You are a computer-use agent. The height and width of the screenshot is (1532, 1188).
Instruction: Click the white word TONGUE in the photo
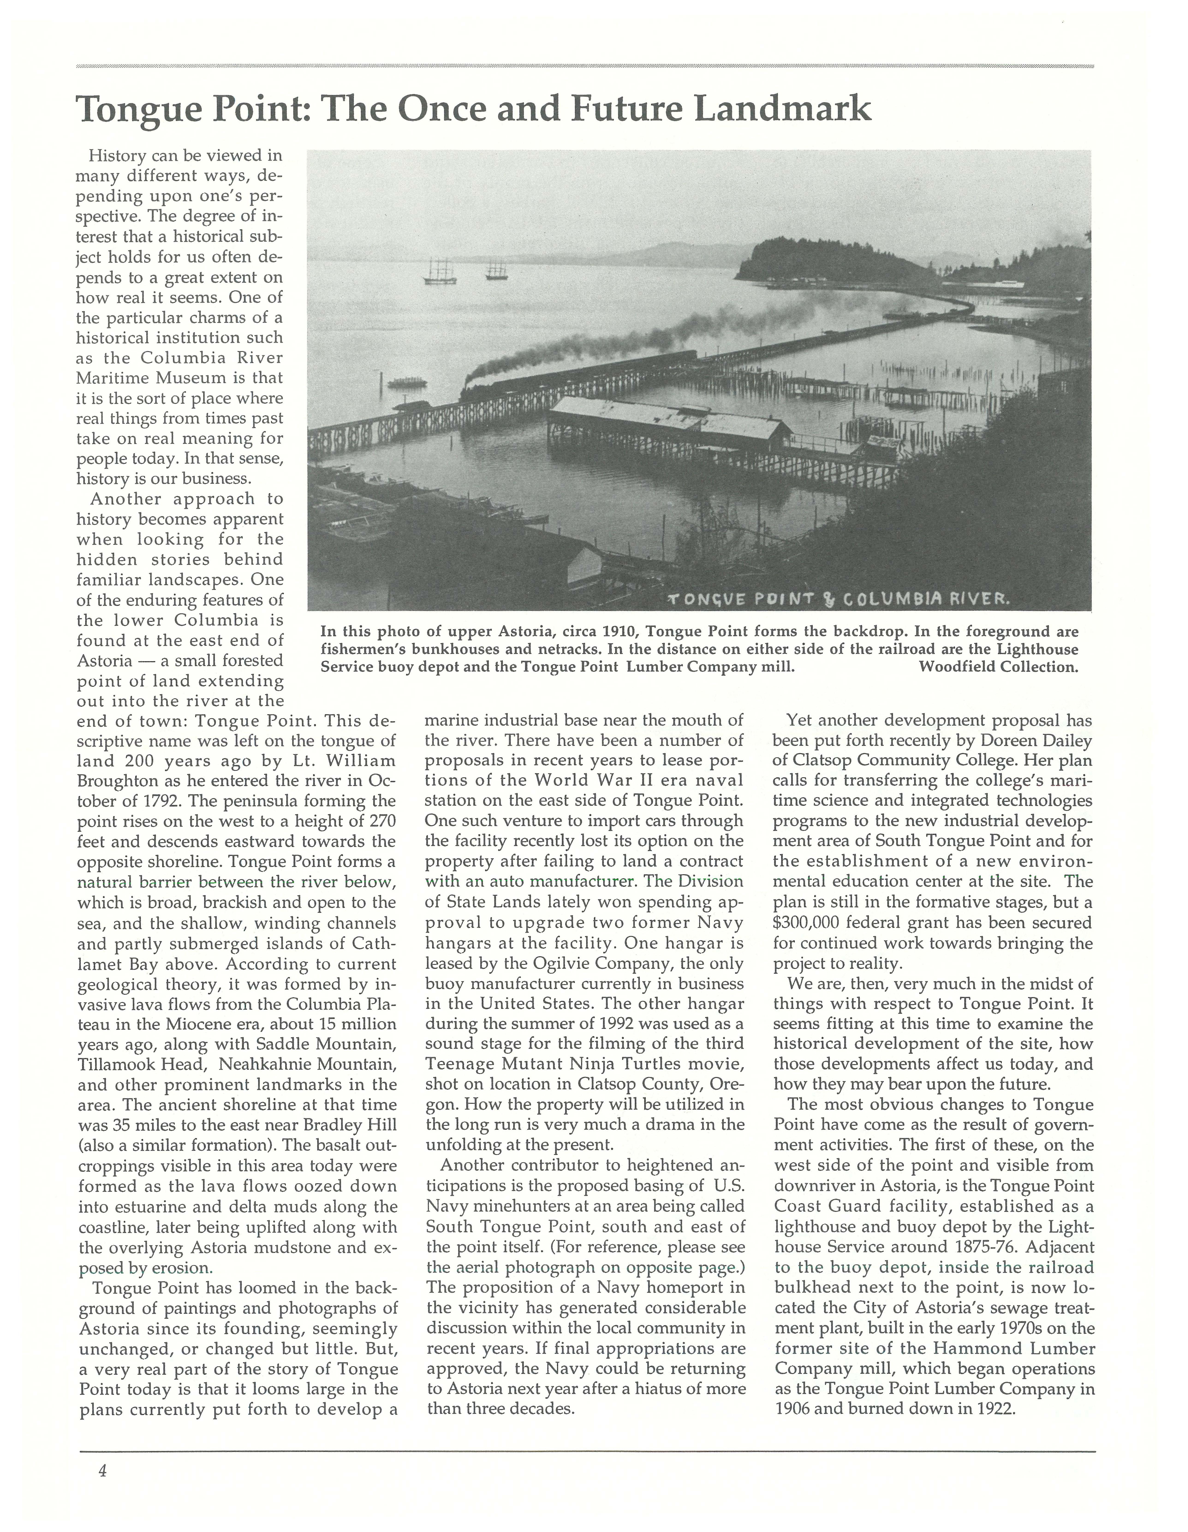pyautogui.click(x=710, y=599)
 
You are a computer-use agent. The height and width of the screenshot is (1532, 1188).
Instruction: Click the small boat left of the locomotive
pyautogui.click(x=407, y=382)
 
